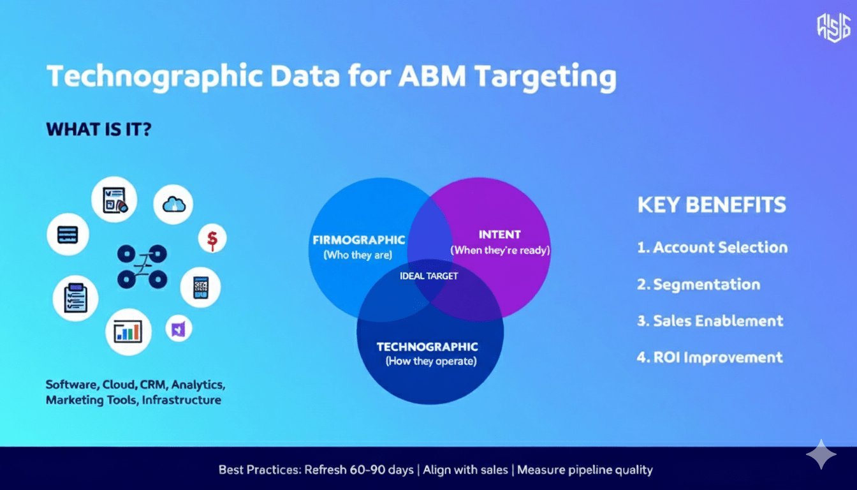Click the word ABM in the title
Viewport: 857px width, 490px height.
click(432, 76)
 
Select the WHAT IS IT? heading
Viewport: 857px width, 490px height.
click(99, 130)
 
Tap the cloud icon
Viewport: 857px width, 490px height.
click(173, 204)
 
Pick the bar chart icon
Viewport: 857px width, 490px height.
click(128, 332)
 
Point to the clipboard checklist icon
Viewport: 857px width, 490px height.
click(75, 298)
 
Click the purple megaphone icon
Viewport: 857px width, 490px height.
click(179, 329)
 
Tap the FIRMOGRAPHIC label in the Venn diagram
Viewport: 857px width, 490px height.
click(358, 240)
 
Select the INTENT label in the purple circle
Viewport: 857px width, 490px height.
click(500, 234)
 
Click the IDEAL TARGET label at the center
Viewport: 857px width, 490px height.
click(428, 276)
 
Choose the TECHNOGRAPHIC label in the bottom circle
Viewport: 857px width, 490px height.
click(427, 347)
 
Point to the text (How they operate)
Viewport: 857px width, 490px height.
click(431, 361)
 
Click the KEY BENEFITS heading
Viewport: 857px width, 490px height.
click(712, 205)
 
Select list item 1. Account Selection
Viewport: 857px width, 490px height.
click(712, 248)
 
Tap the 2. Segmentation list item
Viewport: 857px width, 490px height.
click(699, 285)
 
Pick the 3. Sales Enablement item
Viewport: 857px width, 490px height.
click(710, 321)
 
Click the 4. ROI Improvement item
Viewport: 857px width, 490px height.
click(710, 357)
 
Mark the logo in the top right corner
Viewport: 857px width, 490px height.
click(833, 27)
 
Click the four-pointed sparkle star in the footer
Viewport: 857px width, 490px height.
click(821, 454)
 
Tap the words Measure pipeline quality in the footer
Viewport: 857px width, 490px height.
click(585, 470)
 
